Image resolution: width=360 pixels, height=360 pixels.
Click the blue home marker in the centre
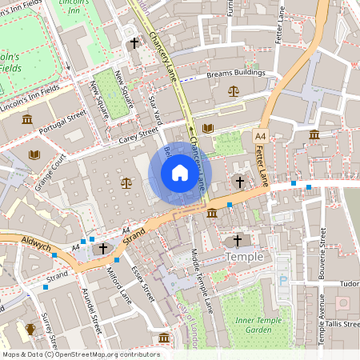coord(180,173)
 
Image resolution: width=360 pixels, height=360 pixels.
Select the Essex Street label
coord(142,284)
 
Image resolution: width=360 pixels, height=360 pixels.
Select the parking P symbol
coord(283,281)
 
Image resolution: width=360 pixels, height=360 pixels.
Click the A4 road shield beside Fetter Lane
coord(260,138)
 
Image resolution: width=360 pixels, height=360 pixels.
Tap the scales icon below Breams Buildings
coord(234,90)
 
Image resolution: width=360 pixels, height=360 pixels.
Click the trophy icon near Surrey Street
coord(30,328)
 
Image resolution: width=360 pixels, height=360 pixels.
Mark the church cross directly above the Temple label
coord(237,241)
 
